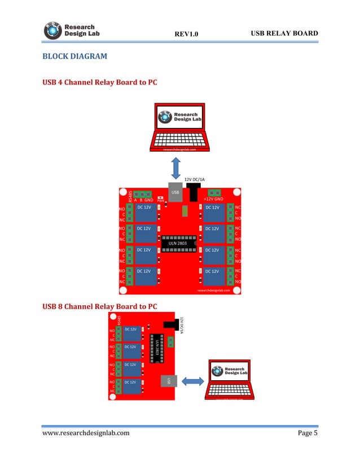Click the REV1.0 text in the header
(x=186, y=35)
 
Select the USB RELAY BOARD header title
(x=284, y=34)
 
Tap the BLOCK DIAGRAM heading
(x=74, y=57)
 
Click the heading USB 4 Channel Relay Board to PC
(x=100, y=82)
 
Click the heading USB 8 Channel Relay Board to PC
(x=100, y=306)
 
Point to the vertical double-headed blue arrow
(x=176, y=168)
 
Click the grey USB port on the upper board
(x=175, y=193)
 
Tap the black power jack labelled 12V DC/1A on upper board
(x=195, y=192)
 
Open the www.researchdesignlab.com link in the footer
(x=86, y=433)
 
